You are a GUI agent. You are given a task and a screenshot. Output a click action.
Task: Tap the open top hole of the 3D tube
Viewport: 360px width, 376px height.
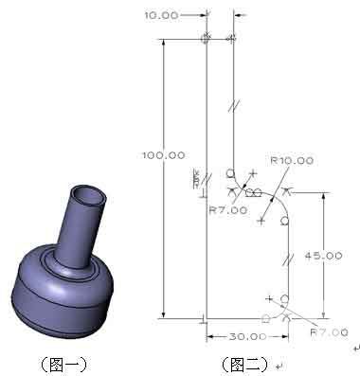click(x=92, y=195)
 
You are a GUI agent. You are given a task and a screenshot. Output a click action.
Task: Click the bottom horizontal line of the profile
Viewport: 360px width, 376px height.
click(x=237, y=319)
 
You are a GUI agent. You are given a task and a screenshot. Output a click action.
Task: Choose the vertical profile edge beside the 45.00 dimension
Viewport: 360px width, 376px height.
click(x=289, y=260)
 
